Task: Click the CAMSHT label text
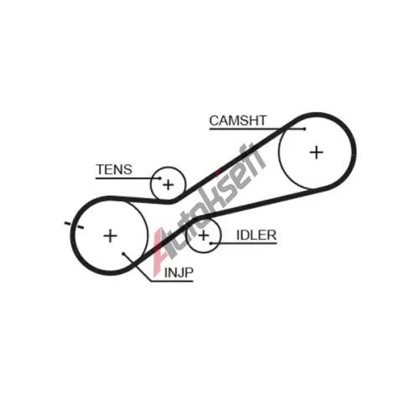point(238,121)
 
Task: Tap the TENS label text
point(114,169)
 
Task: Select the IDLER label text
point(256,235)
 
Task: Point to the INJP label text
point(178,272)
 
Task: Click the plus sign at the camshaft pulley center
point(317,153)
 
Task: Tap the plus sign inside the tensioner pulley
point(168,185)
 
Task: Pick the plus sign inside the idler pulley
point(204,235)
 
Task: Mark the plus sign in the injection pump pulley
point(111,236)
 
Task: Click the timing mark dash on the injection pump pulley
point(74,225)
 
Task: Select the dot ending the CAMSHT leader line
point(305,129)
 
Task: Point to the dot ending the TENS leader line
point(160,178)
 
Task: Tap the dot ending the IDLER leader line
point(210,243)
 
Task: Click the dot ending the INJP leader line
point(123,254)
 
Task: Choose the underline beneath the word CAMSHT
point(257,129)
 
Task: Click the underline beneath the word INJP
point(172,281)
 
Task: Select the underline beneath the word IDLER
point(244,243)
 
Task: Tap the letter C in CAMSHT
point(214,121)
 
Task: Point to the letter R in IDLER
point(272,235)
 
